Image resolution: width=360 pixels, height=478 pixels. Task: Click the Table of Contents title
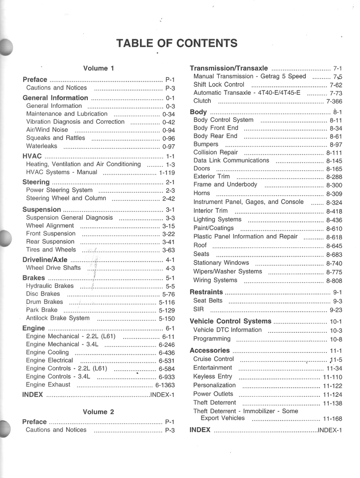click(177, 43)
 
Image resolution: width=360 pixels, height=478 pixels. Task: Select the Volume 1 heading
click(98, 68)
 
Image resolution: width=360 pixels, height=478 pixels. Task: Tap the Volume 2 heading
click(98, 412)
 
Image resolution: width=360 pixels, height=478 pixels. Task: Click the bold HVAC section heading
click(32, 156)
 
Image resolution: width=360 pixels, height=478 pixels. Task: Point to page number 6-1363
click(165, 385)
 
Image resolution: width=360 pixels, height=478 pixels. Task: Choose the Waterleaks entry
click(42, 146)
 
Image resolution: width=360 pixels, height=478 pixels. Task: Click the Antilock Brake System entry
click(58, 318)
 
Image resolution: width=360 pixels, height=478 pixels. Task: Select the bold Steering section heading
click(36, 182)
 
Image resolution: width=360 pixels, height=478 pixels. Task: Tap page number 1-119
click(167, 172)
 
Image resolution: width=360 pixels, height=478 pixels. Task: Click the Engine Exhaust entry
click(48, 385)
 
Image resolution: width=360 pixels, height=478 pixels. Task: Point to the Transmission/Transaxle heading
click(229, 68)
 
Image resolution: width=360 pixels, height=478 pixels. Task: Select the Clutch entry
click(202, 101)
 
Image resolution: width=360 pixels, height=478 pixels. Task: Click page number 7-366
click(334, 101)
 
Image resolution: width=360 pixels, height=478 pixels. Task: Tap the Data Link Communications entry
click(231, 160)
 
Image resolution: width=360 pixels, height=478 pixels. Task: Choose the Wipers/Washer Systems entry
click(228, 271)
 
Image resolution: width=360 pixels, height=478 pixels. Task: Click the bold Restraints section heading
click(207, 292)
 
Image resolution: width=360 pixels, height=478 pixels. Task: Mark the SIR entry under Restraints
click(199, 309)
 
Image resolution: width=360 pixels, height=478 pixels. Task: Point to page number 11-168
click(332, 419)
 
